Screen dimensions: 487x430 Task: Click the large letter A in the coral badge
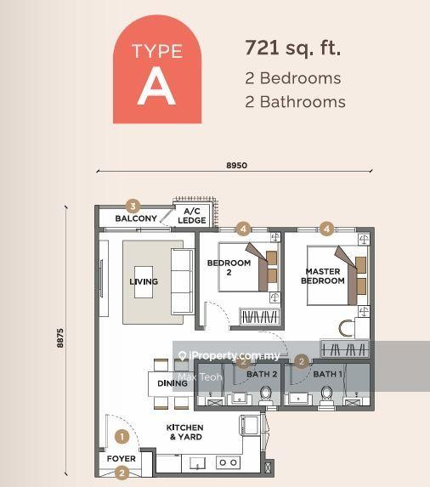point(156,87)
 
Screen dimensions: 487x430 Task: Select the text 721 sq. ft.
point(292,48)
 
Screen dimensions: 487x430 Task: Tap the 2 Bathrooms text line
point(294,102)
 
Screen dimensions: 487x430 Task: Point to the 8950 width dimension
point(236,165)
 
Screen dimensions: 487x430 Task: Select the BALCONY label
point(136,218)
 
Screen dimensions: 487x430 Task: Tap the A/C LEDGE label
point(192,216)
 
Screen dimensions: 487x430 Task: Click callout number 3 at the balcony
point(132,206)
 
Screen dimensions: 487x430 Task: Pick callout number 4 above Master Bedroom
point(326,228)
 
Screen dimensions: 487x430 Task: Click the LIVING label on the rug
point(144,281)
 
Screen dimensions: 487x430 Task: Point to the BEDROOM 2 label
point(229,268)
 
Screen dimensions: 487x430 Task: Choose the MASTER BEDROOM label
point(323,276)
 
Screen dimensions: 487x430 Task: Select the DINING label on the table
point(173,384)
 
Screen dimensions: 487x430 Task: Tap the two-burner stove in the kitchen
point(228,463)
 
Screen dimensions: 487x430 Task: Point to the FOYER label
point(121,459)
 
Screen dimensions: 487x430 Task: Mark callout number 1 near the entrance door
point(122,438)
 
